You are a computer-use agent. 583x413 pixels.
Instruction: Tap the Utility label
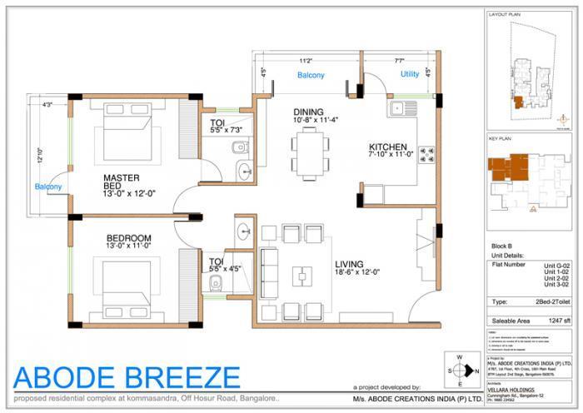coord(410,75)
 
